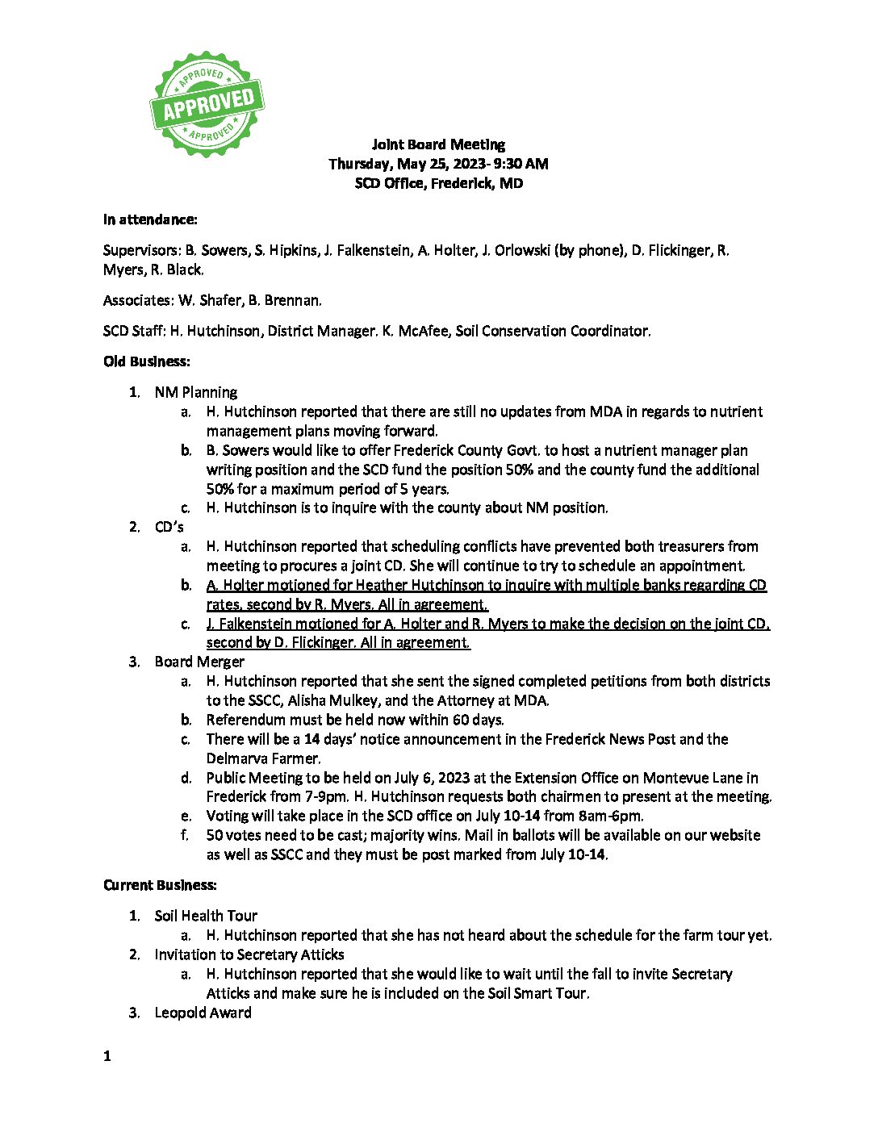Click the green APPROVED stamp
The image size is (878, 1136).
pyautogui.click(x=207, y=104)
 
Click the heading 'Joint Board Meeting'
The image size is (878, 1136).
pyautogui.click(x=438, y=144)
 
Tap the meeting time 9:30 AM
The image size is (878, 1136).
pyautogui.click(x=521, y=164)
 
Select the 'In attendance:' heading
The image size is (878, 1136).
pyautogui.click(x=150, y=219)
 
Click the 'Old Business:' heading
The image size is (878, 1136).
pyautogui.click(x=147, y=361)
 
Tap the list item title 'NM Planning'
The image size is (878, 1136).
pyautogui.click(x=196, y=392)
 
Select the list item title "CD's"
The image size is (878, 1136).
pyautogui.click(x=169, y=527)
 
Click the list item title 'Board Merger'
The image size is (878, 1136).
pyautogui.click(x=199, y=662)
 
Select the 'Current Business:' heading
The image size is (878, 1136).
pyautogui.click(x=160, y=885)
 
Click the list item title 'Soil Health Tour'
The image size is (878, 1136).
pyautogui.click(x=206, y=916)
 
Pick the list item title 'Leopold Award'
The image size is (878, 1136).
pyautogui.click(x=203, y=1013)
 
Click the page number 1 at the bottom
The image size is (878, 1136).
pyautogui.click(x=107, y=1056)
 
